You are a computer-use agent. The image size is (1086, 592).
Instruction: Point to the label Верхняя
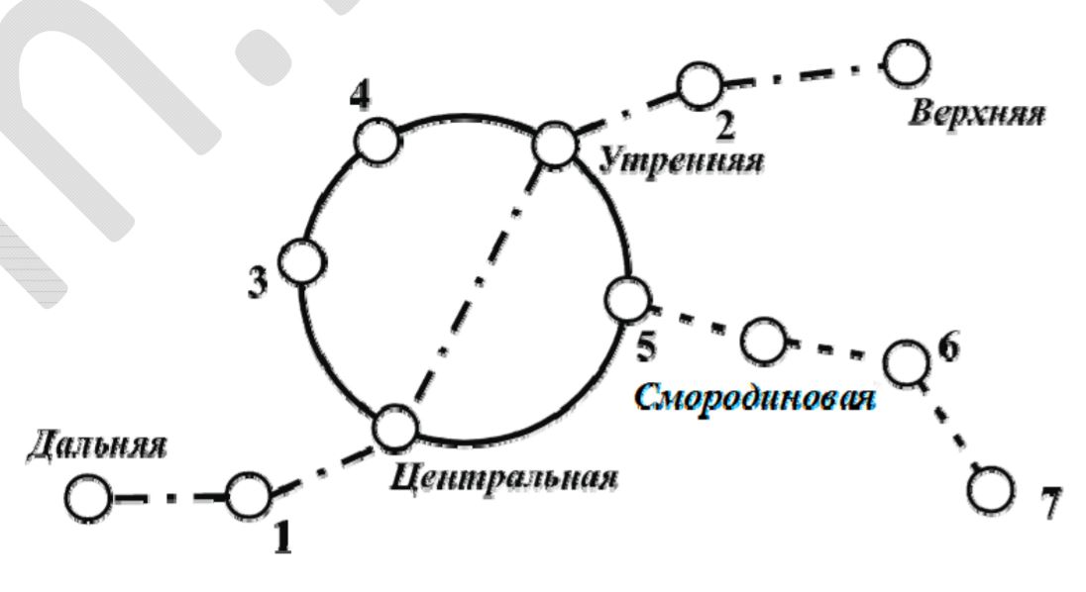(977, 114)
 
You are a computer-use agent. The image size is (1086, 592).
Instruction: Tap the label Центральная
(503, 477)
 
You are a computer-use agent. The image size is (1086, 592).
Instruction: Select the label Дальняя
(96, 445)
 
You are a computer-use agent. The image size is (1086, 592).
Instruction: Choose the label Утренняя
(682, 161)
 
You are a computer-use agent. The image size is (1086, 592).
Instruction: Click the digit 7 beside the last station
(1050, 502)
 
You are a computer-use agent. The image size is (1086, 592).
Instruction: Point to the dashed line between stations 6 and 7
(948, 426)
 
